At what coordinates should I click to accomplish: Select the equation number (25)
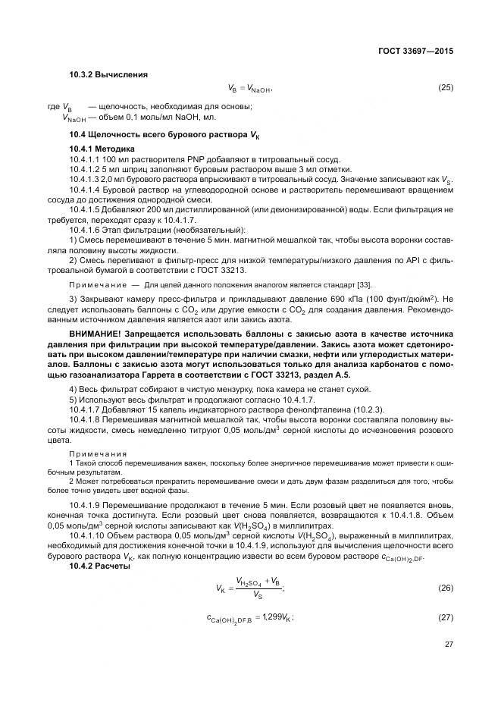445,87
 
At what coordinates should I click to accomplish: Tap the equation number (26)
445,588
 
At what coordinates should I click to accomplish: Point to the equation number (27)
445,618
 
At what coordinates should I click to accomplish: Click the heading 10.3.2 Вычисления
108,74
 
